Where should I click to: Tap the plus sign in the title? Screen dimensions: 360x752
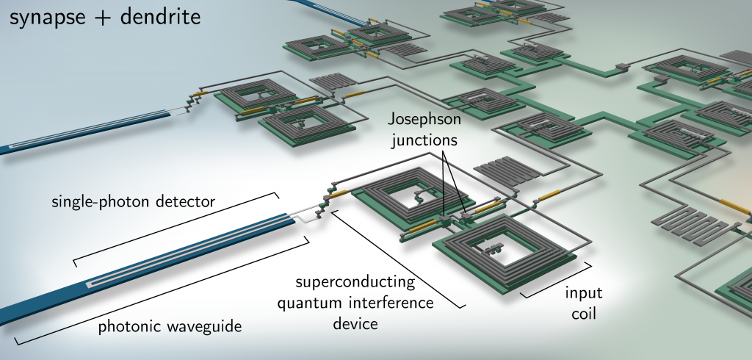pyautogui.click(x=102, y=18)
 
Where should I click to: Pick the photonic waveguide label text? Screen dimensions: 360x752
pyautogui.click(x=170, y=326)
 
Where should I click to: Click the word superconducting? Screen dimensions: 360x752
pyautogui.click(x=355, y=283)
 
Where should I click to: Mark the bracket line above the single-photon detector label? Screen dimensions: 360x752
pyautogui.click(x=176, y=225)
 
